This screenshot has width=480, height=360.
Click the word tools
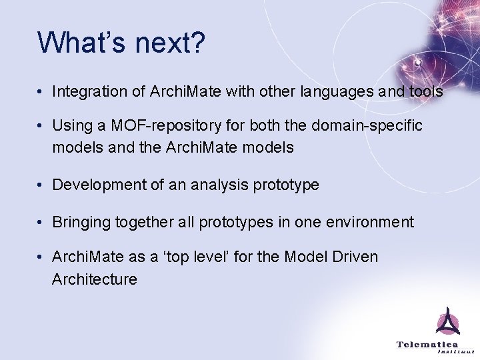pos(424,91)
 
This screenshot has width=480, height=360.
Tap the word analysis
pos(220,185)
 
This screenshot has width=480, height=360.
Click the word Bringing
pos(81,222)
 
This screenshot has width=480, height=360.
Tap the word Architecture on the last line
pos(95,279)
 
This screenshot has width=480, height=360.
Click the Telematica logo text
pos(427,345)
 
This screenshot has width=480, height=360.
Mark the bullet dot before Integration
pos(41,92)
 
